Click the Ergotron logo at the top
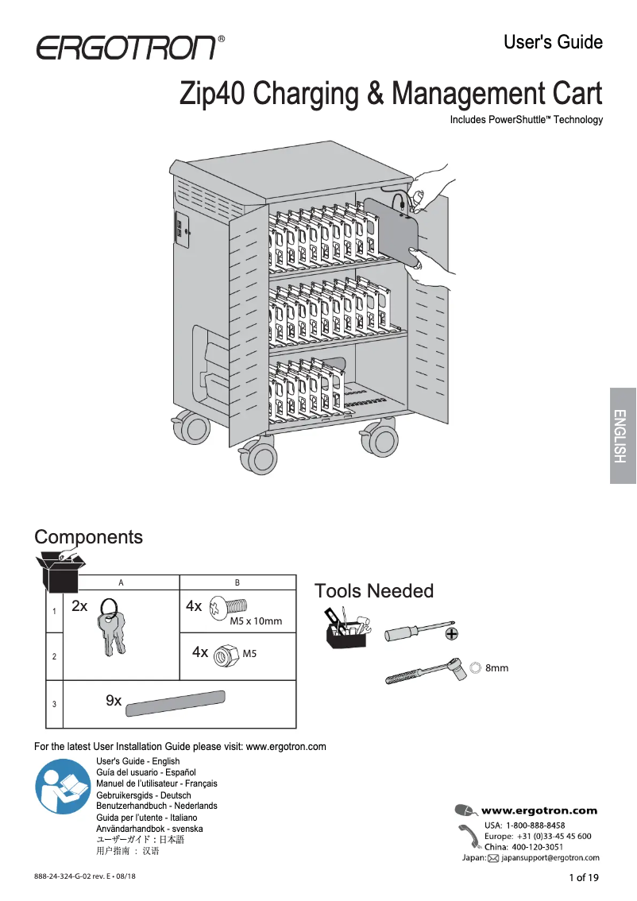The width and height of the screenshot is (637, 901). click(x=125, y=47)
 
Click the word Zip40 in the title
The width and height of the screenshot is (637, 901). click(x=213, y=94)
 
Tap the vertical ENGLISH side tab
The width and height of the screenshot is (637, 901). click(x=622, y=435)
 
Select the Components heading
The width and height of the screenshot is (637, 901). click(x=88, y=537)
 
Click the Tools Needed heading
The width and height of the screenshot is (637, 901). click(x=374, y=591)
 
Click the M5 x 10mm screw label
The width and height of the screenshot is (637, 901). click(x=255, y=621)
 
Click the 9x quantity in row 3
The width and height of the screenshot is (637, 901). click(x=114, y=701)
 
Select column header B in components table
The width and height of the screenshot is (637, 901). click(x=237, y=582)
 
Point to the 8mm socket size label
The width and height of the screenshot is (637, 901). click(x=496, y=668)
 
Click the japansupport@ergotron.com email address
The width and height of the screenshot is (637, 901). click(x=550, y=858)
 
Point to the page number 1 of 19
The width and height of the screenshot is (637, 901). click(x=585, y=877)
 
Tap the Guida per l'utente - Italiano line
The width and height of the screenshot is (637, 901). click(x=146, y=818)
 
